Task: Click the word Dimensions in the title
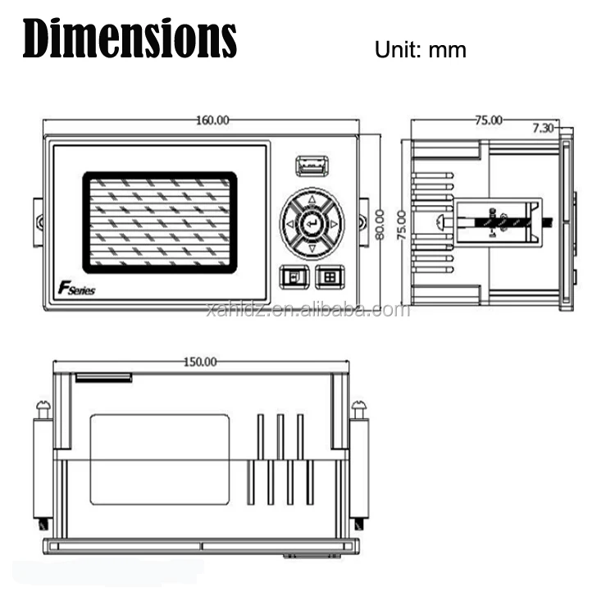click(x=129, y=38)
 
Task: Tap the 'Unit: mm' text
click(x=420, y=49)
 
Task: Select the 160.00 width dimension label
click(x=212, y=121)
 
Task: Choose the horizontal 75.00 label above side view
click(x=488, y=121)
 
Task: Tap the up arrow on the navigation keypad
click(x=312, y=199)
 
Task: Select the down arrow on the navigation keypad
click(x=312, y=247)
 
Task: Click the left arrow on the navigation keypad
click(x=289, y=223)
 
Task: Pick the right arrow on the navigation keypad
click(x=335, y=223)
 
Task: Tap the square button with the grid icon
click(x=330, y=277)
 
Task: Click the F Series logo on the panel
click(x=76, y=289)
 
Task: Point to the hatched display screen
click(x=159, y=222)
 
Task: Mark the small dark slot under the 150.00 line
click(x=103, y=378)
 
